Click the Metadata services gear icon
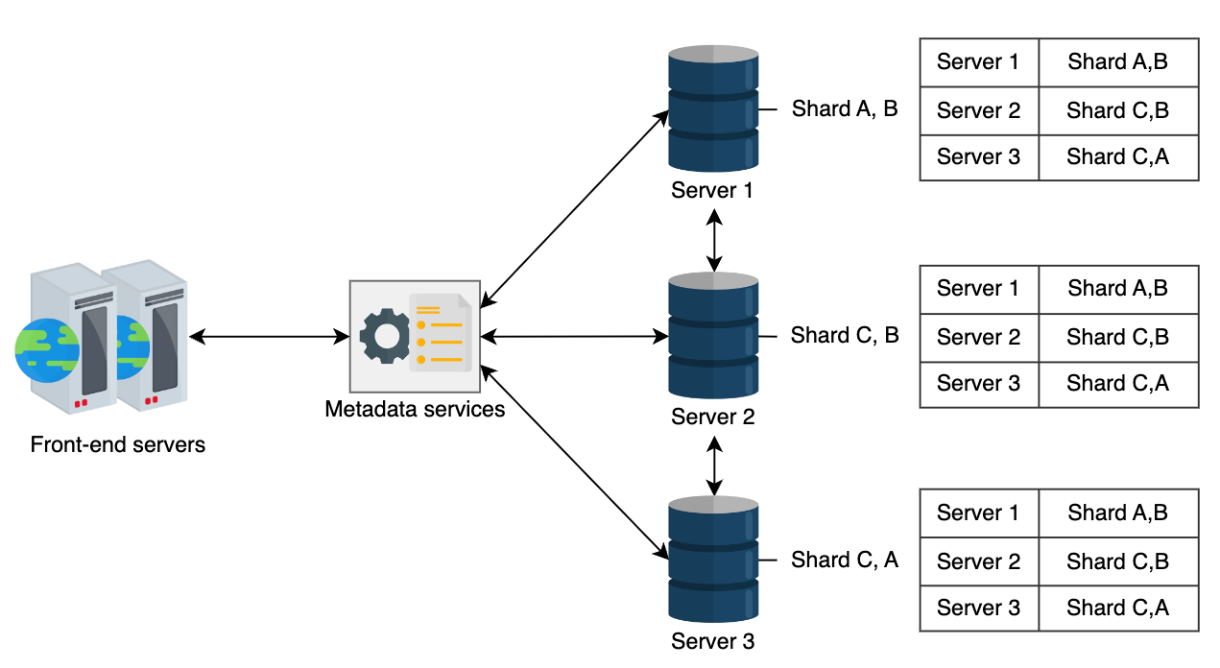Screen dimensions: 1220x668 (x=385, y=336)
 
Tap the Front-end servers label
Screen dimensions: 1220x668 (x=118, y=444)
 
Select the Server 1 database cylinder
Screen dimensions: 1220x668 (x=713, y=108)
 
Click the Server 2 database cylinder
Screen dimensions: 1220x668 (x=713, y=335)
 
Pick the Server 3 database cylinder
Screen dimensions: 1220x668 (x=713, y=560)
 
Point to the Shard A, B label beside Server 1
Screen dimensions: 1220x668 (x=845, y=108)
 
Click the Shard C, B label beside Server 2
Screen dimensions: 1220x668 (x=845, y=335)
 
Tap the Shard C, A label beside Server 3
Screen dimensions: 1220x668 (x=845, y=560)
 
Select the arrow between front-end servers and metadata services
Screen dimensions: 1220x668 (x=269, y=337)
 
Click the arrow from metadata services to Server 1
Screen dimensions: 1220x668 (x=575, y=208)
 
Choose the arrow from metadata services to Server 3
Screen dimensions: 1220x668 (x=575, y=463)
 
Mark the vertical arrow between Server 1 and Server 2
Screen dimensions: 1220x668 (x=714, y=241)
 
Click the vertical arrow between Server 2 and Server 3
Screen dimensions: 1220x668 (x=714, y=466)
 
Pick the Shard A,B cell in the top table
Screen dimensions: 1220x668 (x=1118, y=62)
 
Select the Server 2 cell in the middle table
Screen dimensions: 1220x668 (x=979, y=337)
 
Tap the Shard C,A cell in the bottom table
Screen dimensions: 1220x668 (x=1118, y=608)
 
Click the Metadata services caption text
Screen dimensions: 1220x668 (x=415, y=410)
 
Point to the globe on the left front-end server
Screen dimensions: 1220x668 (x=47, y=350)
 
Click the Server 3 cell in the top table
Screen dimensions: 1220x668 (x=979, y=157)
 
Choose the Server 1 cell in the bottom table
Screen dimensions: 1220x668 (x=979, y=513)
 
